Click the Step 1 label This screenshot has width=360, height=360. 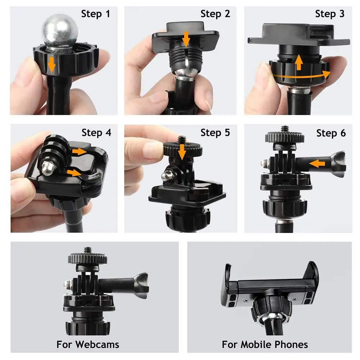pyautogui.click(x=96, y=14)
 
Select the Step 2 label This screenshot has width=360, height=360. pyautogui.click(x=215, y=14)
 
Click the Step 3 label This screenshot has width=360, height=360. pyautogui.click(x=330, y=14)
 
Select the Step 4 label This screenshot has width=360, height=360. pyautogui.click(x=96, y=133)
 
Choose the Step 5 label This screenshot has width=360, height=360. pyautogui.click(x=215, y=133)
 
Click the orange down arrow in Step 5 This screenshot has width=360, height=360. pyautogui.click(x=182, y=151)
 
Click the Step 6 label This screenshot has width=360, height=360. pyautogui.click(x=331, y=133)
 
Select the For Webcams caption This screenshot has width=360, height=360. pyautogui.click(x=87, y=345)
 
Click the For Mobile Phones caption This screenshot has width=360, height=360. pyautogui.click(x=265, y=345)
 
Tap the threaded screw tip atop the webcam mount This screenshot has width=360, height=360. pyautogui.click(x=87, y=249)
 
